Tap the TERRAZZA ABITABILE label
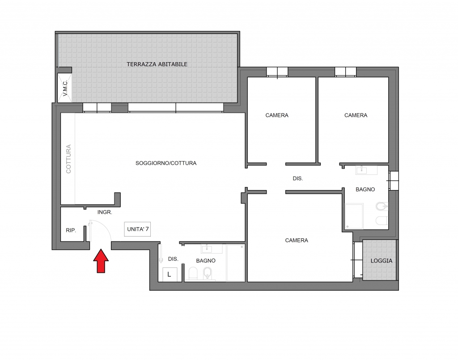pos(157,64)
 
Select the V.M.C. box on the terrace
pos(65,88)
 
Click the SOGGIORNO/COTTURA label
pos(166,163)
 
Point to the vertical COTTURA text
pos(68,159)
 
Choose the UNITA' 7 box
pos(138,229)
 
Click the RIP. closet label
pos(71,231)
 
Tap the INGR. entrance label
pos(105,212)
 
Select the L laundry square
pos(169,274)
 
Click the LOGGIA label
pos(381,261)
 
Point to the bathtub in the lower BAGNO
pos(236,263)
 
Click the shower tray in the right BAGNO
pos(354,216)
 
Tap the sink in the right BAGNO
pos(366,170)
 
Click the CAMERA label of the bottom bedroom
pos(297,241)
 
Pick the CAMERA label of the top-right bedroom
pos(356,115)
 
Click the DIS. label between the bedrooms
pos(298,178)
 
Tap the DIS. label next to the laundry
pos(173,259)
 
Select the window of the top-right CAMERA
pos(346,72)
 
